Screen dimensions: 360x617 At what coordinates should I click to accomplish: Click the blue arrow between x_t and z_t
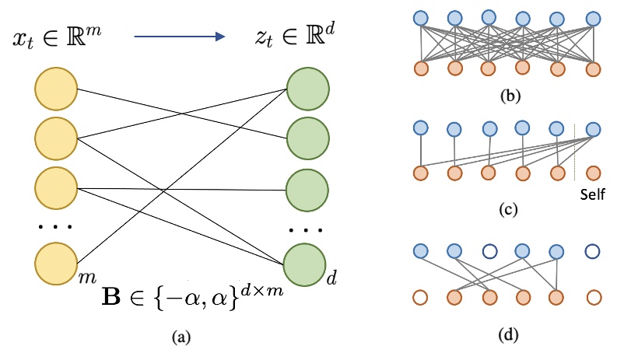tap(178, 36)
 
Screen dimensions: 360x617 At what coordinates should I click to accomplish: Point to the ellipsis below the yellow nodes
tap(54, 228)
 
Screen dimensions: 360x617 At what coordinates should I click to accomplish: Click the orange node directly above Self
tap(594, 172)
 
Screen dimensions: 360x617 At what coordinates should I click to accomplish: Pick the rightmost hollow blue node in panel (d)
tap(594, 252)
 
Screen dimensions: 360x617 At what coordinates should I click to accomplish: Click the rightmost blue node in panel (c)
tap(594, 129)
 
